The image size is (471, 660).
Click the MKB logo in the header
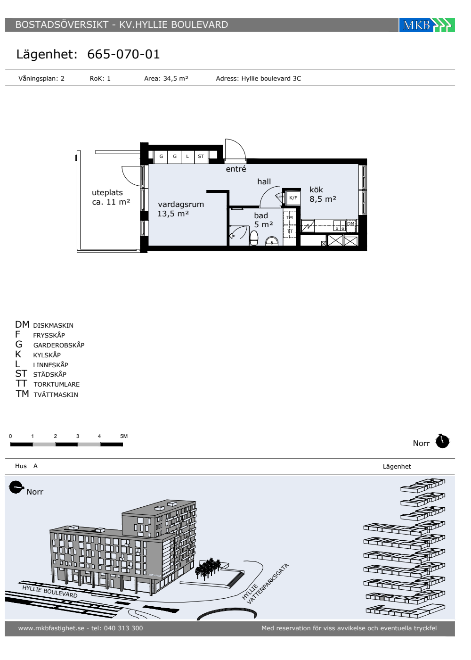(427, 25)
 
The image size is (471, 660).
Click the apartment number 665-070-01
(123, 54)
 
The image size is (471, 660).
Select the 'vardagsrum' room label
(181, 204)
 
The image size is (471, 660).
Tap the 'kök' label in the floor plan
(316, 190)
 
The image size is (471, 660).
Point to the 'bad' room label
(261, 215)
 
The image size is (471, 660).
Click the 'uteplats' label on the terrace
(107, 193)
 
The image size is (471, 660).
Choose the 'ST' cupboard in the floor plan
(201, 157)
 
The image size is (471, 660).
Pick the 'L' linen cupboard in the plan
(187, 157)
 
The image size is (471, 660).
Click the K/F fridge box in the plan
(293, 198)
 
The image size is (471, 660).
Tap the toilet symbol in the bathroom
(254, 238)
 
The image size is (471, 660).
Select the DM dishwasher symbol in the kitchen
(350, 224)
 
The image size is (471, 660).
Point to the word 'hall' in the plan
(264, 181)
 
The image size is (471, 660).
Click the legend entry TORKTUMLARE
(57, 384)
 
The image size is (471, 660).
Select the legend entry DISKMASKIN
(53, 325)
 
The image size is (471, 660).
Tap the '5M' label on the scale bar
(124, 436)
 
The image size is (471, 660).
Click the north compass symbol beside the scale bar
(442, 441)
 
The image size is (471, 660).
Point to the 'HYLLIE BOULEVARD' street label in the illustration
(50, 591)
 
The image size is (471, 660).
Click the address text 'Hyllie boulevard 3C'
(271, 78)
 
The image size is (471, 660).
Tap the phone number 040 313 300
(123, 628)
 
